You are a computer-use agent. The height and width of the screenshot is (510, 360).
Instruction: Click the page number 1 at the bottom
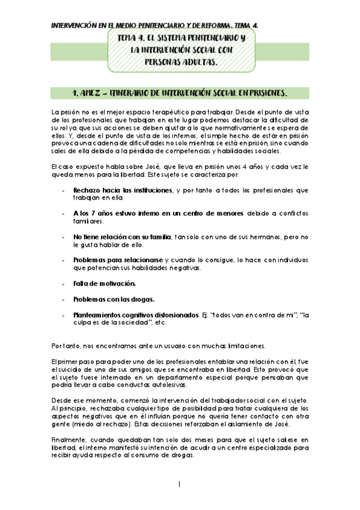[180, 485]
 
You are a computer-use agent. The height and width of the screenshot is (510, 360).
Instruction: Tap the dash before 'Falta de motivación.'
[64, 283]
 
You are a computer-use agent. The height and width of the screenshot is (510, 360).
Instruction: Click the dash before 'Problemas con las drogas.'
[64, 299]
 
